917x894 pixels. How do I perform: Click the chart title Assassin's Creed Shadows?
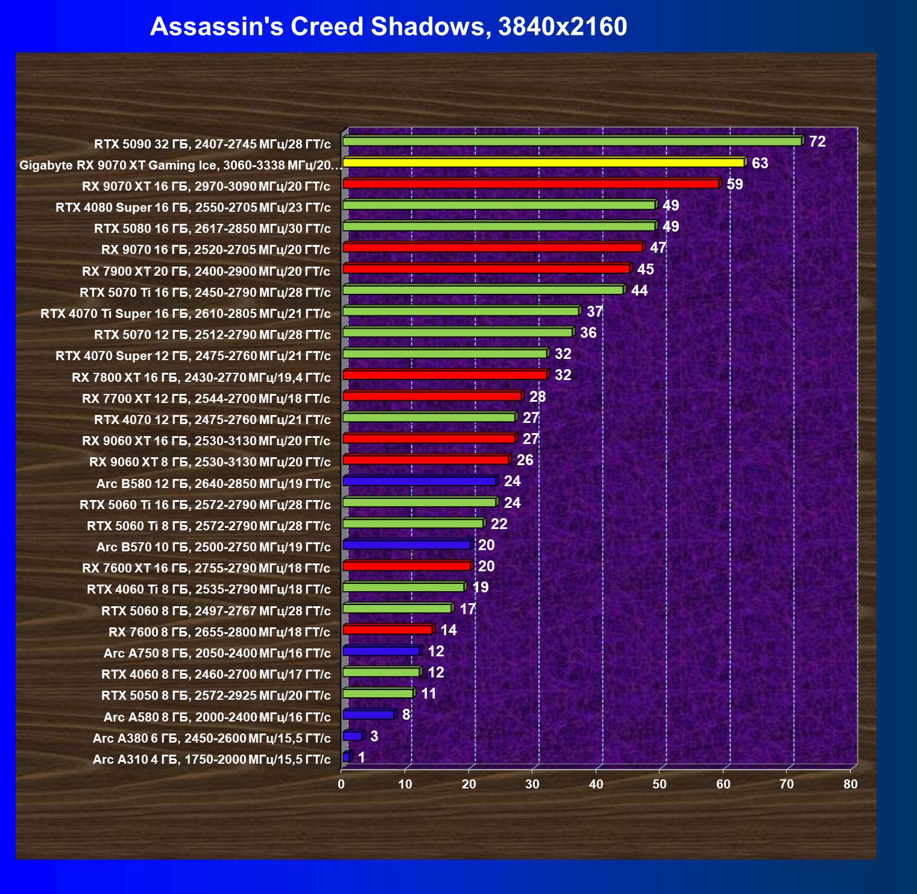388,27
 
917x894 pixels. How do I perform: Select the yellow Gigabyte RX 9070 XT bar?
543,162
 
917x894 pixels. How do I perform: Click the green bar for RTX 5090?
572,141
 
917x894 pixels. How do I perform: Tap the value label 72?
817,142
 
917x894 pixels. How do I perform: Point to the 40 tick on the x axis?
596,784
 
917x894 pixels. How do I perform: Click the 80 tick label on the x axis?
850,784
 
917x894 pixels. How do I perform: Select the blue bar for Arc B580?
419,481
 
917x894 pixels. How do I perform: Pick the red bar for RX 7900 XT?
486,268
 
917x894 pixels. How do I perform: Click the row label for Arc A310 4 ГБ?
212,759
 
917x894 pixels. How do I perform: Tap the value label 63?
760,163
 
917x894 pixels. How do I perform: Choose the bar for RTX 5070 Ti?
482,290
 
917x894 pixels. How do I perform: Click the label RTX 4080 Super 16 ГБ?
193,208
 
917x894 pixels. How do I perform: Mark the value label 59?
734,184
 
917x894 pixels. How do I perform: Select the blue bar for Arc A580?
368,715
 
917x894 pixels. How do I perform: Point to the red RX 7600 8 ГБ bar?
387,630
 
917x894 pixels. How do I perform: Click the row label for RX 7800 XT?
201,378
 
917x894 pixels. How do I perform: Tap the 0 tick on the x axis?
342,784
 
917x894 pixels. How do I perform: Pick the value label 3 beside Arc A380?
374,736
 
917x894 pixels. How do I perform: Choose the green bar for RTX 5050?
377,693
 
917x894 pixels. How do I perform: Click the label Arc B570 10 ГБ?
213,547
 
